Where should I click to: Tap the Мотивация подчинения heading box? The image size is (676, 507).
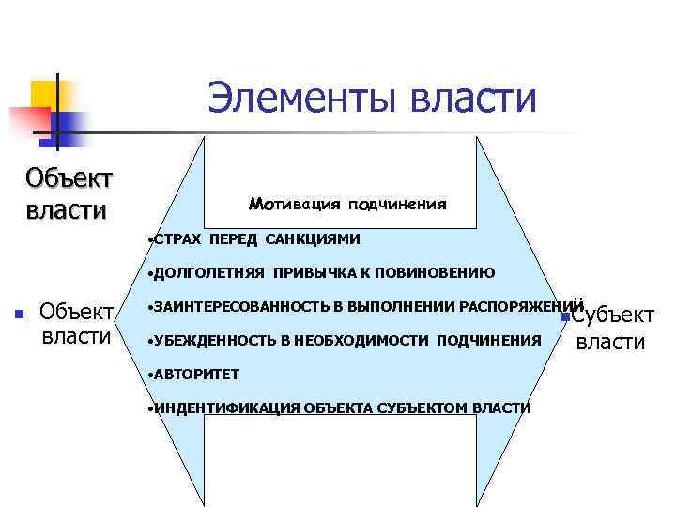pos(347,204)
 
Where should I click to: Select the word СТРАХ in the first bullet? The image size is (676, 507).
pos(178,239)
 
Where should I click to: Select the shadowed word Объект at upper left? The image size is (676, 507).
pos(68,178)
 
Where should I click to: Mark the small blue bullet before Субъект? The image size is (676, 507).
pos(561,318)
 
